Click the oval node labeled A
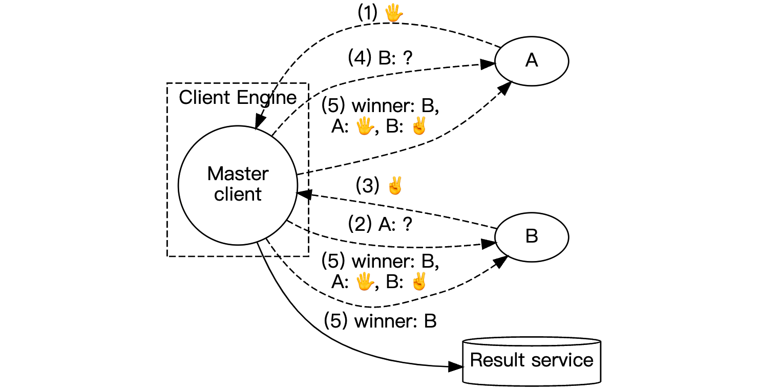532,61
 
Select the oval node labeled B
532,237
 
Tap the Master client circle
238,184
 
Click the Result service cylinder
532,360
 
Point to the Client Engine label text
238,97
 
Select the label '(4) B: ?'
380,57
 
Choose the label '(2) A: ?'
380,225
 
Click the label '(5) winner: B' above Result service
380,321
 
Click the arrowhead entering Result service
456,366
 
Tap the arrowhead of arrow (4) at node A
489,64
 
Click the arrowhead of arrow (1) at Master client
259,123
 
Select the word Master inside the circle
238,174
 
